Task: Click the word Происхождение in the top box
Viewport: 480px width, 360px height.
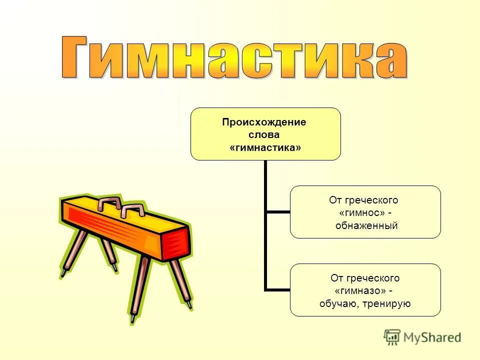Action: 265,122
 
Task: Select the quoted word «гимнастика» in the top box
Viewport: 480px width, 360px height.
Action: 265,148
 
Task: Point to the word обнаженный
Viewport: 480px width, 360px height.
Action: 366,226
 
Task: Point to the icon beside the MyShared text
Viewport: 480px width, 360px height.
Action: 392,337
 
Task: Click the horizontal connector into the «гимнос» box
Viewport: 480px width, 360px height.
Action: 278,212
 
